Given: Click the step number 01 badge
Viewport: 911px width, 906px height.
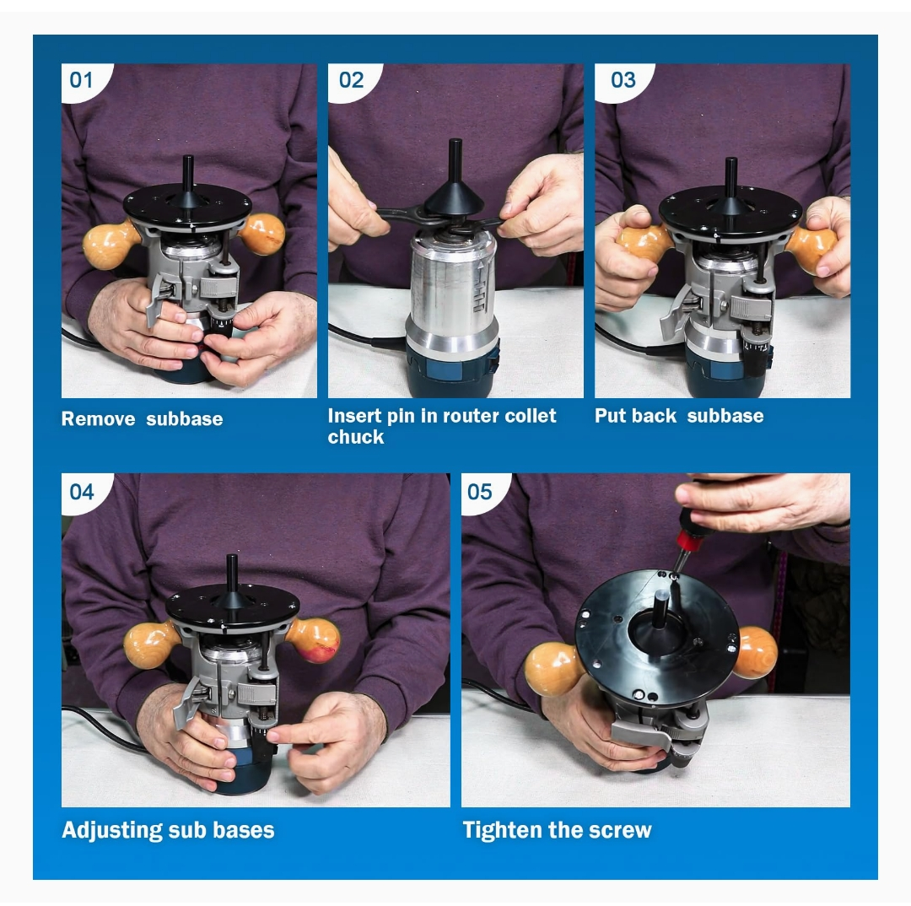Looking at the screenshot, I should click(x=81, y=80).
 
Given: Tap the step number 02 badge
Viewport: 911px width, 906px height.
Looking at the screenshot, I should click(x=351, y=80).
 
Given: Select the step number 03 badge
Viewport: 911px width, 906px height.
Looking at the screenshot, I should click(x=623, y=80).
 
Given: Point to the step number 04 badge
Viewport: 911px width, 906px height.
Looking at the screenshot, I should click(x=82, y=491).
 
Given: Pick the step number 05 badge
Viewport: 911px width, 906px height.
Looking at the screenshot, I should click(x=479, y=491).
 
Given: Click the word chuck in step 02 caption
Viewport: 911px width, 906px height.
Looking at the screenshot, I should click(x=356, y=437).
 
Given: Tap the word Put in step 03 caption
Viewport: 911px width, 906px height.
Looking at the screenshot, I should click(x=610, y=416).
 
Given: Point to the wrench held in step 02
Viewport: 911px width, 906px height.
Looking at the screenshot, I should click(x=396, y=217).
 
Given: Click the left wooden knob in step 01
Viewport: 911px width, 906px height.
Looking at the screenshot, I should click(x=110, y=245).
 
